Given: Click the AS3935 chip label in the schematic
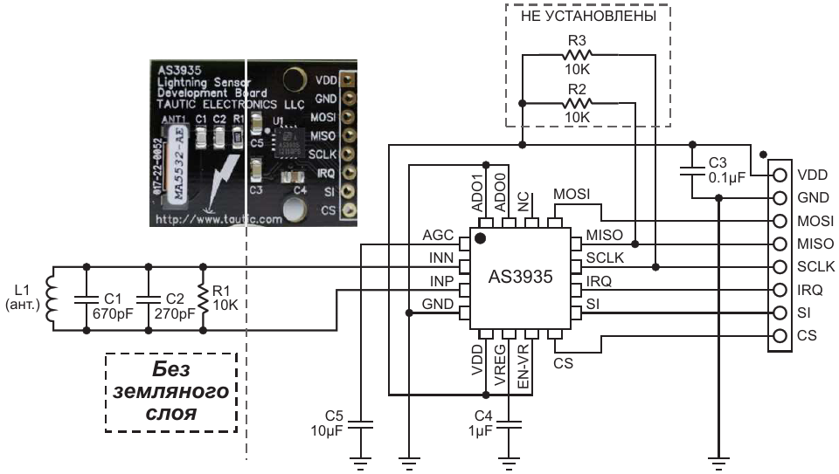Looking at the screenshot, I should coord(521,278).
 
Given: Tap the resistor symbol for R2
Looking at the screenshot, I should coord(577,105).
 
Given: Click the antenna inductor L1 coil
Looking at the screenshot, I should coord(51,298).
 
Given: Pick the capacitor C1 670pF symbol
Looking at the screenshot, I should coord(87,298).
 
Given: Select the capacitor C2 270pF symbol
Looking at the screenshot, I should coord(149,298).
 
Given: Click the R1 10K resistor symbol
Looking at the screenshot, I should coord(203,298).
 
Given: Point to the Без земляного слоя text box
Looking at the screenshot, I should coord(171,392).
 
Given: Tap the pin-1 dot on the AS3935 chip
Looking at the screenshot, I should coord(479,237).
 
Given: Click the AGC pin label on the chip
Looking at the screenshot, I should coord(436,235).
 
